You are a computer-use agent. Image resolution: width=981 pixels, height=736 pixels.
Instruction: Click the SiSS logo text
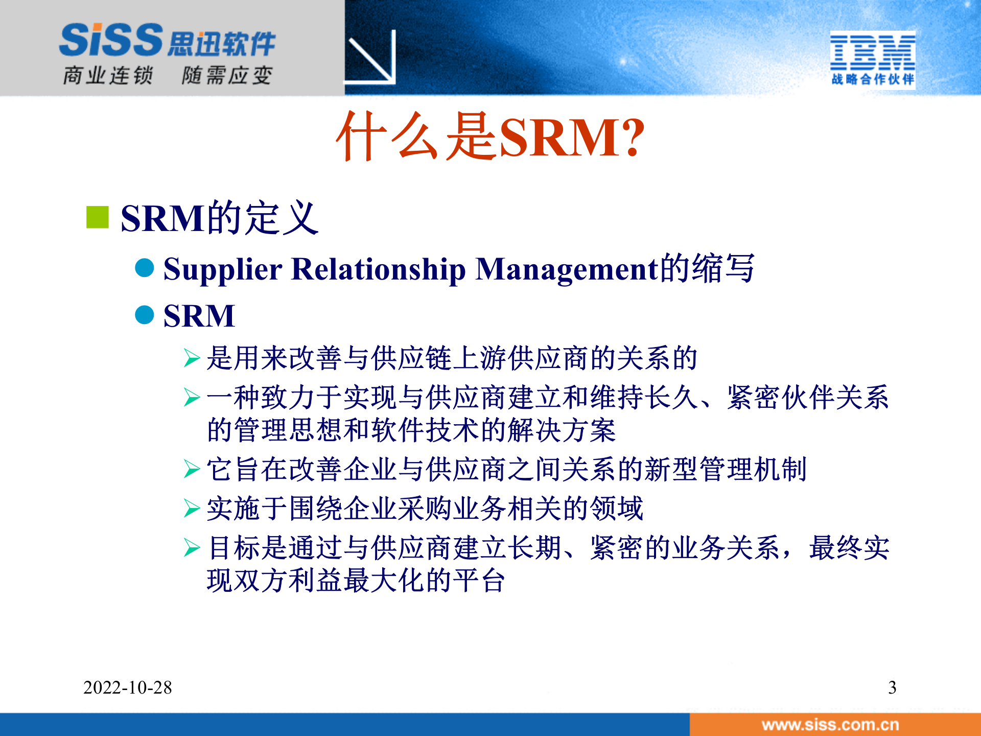(x=111, y=40)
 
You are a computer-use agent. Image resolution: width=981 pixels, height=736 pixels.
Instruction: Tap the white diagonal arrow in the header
(x=371, y=57)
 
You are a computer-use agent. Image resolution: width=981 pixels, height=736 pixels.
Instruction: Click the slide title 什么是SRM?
(x=489, y=137)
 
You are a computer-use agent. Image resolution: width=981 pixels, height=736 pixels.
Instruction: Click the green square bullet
(x=98, y=217)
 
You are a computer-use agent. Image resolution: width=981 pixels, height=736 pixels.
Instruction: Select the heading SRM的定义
(x=220, y=218)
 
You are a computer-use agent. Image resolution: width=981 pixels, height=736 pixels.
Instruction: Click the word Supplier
(x=222, y=269)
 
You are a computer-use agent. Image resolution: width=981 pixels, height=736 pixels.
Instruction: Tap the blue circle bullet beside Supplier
(x=145, y=268)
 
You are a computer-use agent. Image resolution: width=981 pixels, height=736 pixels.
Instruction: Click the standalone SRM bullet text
(x=199, y=315)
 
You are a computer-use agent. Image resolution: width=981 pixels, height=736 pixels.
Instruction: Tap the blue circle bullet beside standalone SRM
(x=145, y=315)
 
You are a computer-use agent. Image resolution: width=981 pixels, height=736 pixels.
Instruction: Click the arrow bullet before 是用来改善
(x=192, y=358)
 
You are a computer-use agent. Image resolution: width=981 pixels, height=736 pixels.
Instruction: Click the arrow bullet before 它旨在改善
(x=192, y=469)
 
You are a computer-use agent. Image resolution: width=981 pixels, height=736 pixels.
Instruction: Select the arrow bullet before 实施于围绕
(x=192, y=509)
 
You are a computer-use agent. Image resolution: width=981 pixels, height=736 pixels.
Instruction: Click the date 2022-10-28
(x=128, y=687)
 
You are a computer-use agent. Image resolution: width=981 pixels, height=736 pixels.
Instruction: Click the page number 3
(x=892, y=687)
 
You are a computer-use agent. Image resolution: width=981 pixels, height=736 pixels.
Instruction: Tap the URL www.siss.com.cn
(x=830, y=725)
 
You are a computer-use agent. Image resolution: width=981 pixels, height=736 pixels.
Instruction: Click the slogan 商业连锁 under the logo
(x=108, y=76)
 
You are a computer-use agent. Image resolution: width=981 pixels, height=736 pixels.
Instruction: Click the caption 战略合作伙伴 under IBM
(x=872, y=79)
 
